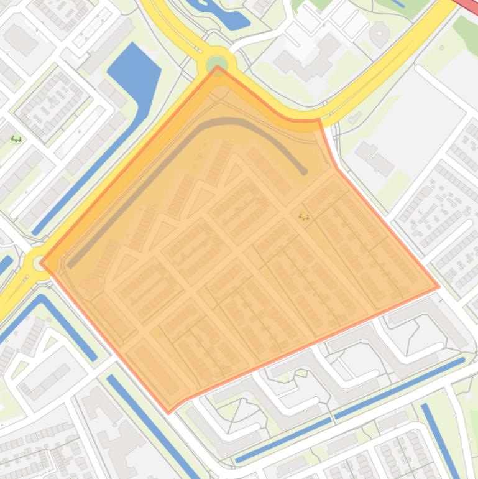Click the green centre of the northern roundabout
pos(217,63)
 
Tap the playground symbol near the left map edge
pos(16,139)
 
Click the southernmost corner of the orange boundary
pos(168,411)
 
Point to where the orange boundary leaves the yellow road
pos(319,119)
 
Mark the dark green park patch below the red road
pos(465,28)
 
